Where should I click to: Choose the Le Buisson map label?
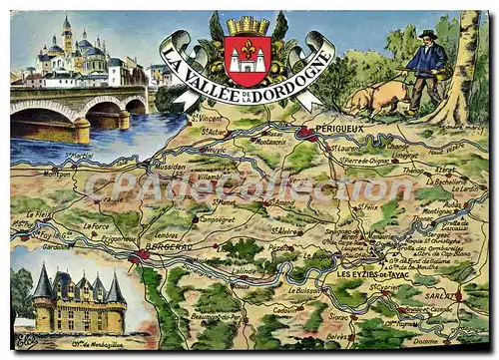point(300,290)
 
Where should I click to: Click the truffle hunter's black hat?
point(428,35)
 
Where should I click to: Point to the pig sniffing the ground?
point(374,98)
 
